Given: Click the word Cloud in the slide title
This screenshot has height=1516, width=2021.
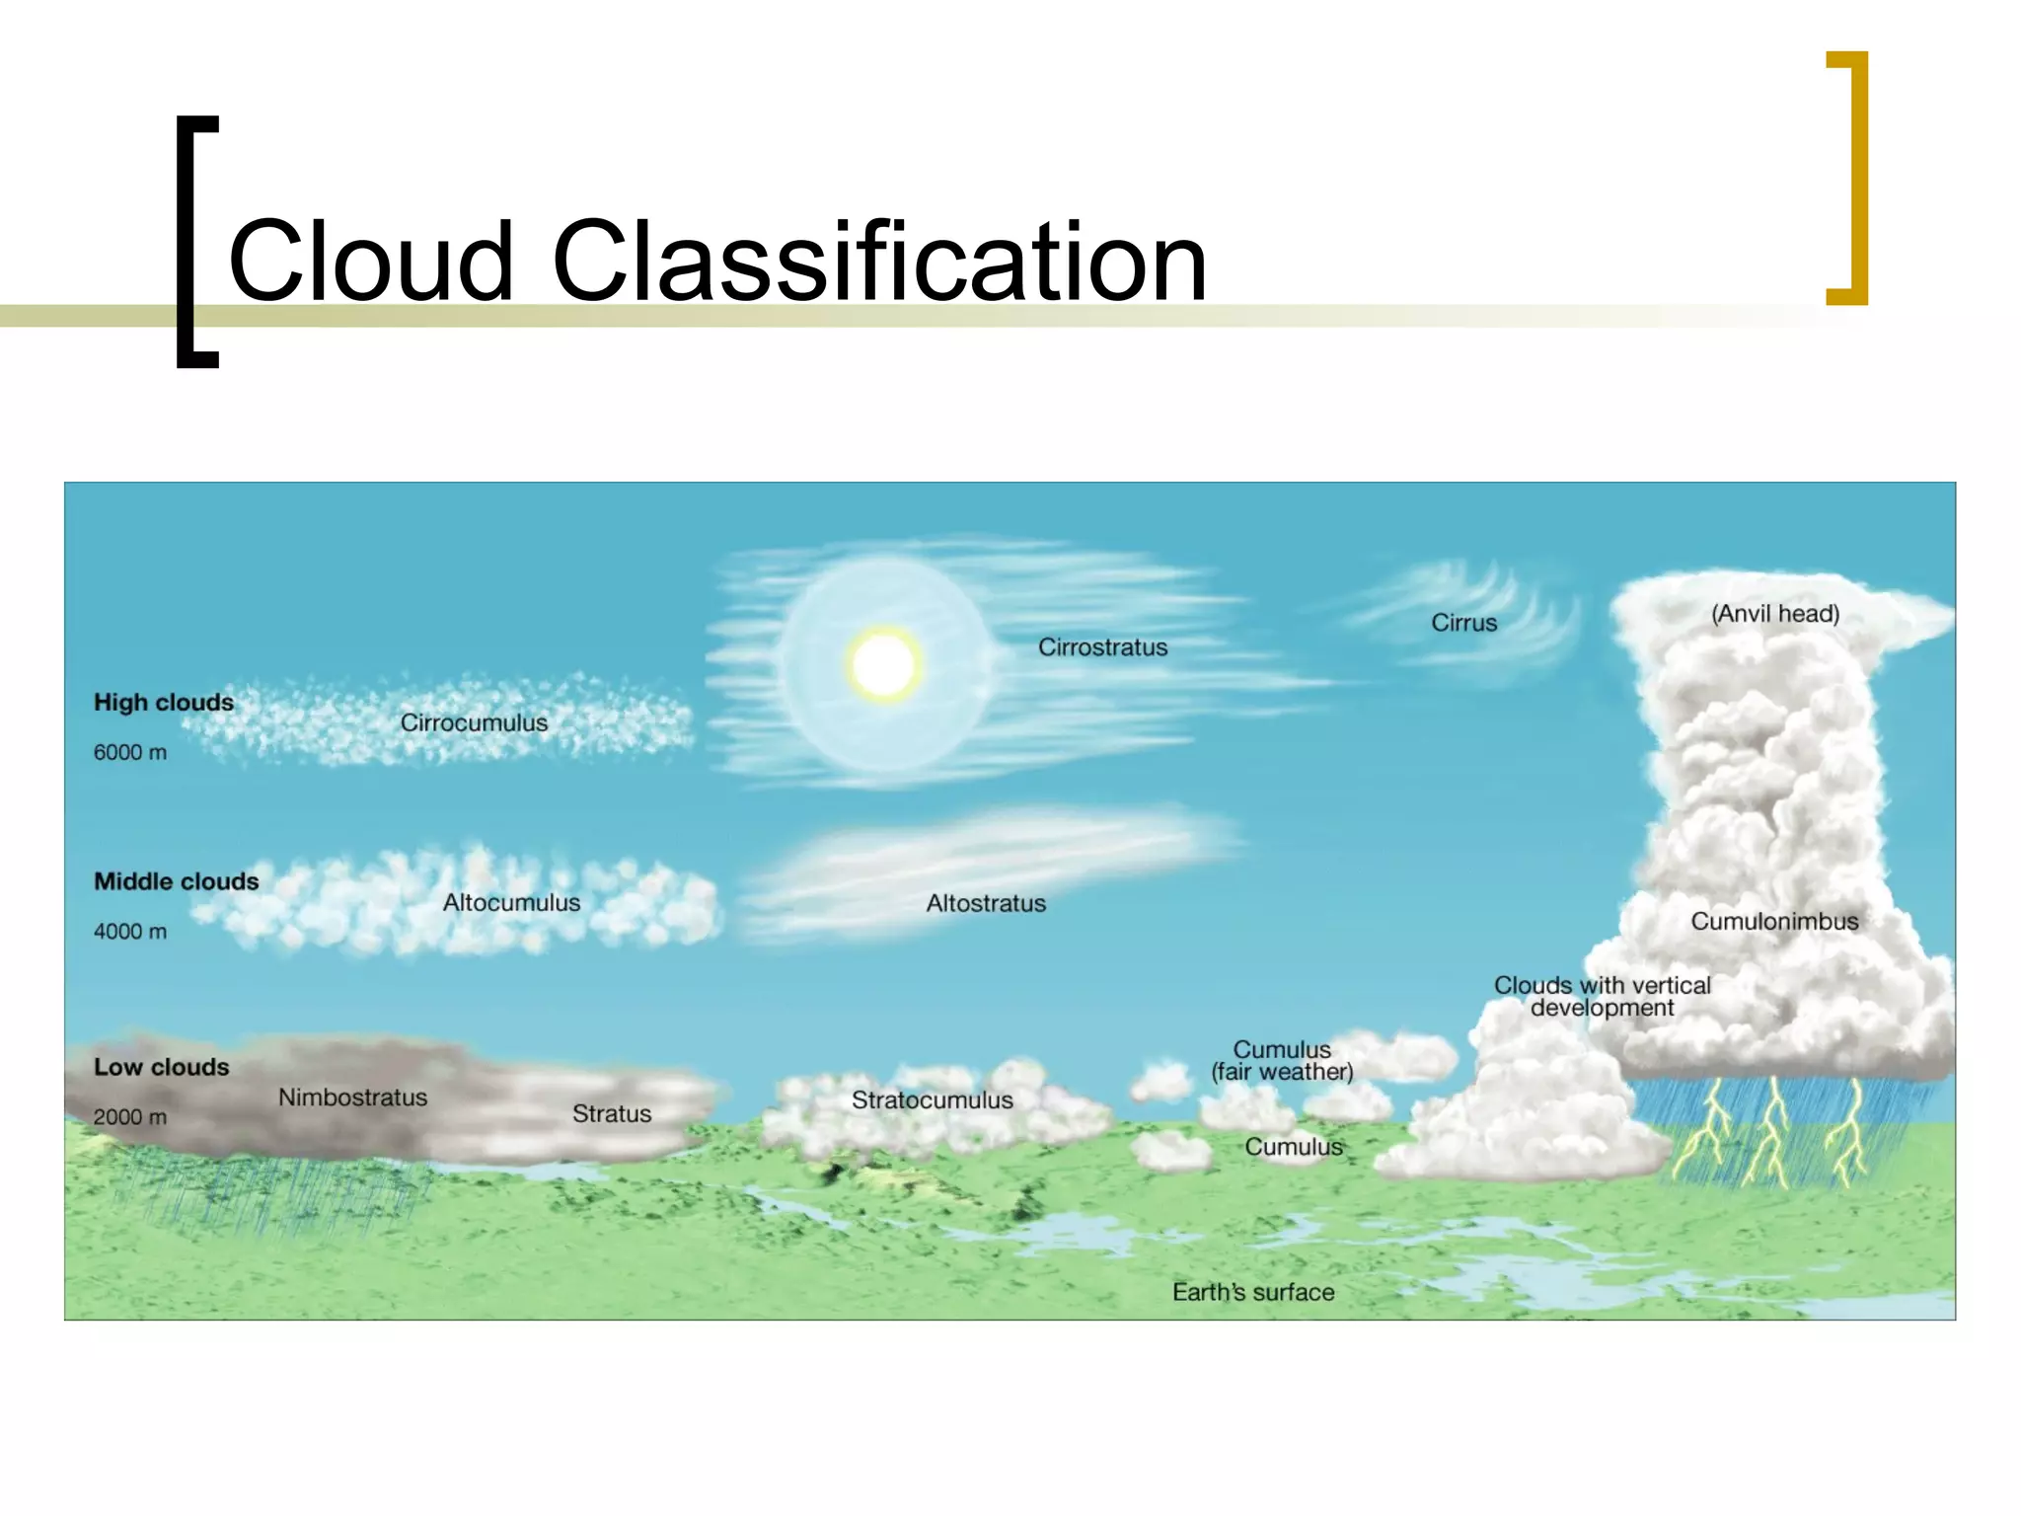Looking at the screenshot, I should point(371,262).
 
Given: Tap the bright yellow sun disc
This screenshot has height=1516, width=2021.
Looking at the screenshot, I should point(883,664).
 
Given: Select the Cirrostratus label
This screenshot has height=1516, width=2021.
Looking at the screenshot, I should point(1102,647).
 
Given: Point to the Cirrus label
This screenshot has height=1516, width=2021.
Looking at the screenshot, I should point(1463,623).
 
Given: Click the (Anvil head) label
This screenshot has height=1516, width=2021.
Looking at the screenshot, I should point(1774,614).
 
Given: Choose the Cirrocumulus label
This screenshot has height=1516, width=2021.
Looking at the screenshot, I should point(474,722).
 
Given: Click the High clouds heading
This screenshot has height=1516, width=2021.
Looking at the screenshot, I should point(164,703).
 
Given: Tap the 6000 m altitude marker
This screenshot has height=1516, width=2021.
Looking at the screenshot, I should point(130,752).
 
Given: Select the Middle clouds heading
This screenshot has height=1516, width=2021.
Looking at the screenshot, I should point(177,881).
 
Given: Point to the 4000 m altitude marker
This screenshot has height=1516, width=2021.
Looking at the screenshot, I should point(130,931).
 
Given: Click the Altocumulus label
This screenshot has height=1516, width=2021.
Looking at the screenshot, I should point(511,902).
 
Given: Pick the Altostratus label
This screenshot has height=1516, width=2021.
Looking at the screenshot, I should point(986,903).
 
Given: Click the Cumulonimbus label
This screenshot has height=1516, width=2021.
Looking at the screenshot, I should point(1774,921).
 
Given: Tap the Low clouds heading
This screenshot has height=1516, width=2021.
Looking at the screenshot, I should point(162,1067).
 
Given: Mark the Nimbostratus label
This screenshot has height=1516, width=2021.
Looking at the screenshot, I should point(352,1097).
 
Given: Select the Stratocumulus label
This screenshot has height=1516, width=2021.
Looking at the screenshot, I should point(932,1099).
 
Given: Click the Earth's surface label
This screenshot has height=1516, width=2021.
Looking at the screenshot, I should point(1253,1292).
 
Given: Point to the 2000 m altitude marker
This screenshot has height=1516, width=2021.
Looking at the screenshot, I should point(130,1116).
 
